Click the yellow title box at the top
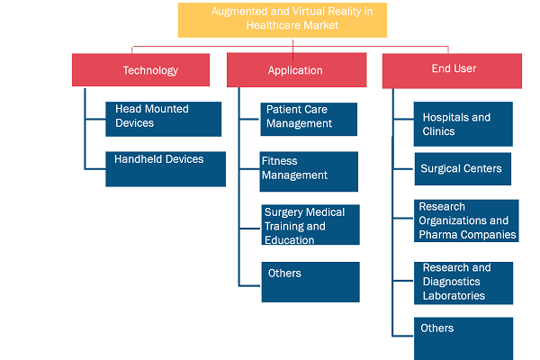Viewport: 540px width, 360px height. click(283, 20)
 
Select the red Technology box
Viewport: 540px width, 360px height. click(141, 70)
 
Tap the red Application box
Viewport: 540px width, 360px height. click(296, 70)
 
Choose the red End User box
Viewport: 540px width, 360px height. click(452, 71)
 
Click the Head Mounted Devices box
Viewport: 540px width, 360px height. click(164, 119)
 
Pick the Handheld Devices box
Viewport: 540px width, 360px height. click(166, 169)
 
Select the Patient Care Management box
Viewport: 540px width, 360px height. click(309, 119)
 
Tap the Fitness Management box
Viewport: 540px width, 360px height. click(309, 172)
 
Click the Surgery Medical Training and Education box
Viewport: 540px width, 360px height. click(310, 225)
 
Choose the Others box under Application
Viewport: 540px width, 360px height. click(310, 282)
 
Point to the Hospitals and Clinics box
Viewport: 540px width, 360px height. click(463, 124)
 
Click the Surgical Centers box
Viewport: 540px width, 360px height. click(463, 169)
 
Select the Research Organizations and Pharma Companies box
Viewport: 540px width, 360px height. click(466, 220)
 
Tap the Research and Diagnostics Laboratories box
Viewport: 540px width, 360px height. click(463, 283)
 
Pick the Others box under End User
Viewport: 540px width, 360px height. click(463, 339)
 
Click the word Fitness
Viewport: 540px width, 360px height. click(279, 161)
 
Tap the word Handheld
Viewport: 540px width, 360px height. click(139, 159)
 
